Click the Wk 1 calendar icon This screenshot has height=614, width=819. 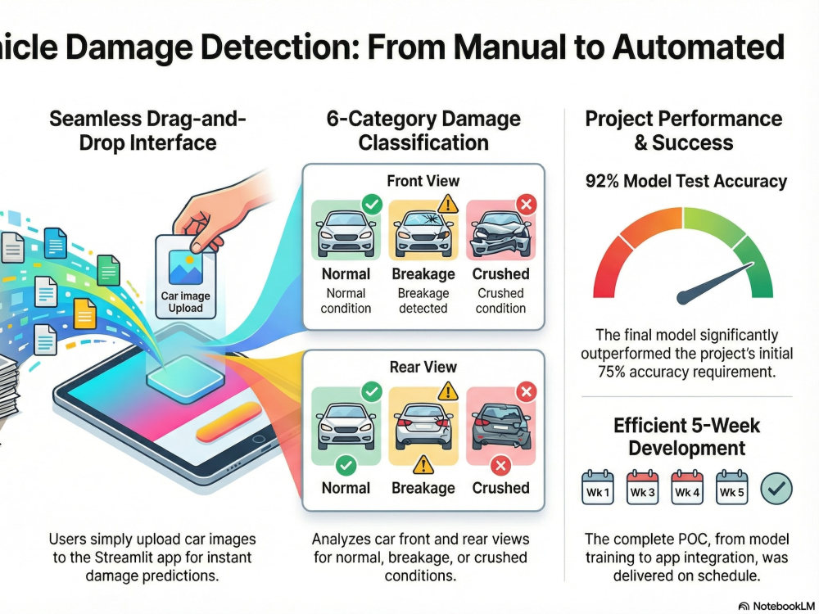[x=598, y=487]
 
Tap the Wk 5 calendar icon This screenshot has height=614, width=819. [x=731, y=487]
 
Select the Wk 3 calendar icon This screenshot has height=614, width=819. [x=642, y=487]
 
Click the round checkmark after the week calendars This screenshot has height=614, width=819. [x=776, y=489]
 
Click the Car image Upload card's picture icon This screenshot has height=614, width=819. [x=185, y=268]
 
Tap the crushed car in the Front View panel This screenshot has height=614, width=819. [x=500, y=234]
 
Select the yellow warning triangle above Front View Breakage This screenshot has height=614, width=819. [x=448, y=204]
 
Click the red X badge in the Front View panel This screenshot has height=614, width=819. [x=526, y=204]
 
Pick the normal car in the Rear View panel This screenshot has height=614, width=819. [x=346, y=426]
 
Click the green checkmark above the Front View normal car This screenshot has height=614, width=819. [x=372, y=204]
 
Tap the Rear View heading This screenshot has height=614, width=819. [x=423, y=367]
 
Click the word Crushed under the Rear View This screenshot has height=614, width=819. [x=500, y=488]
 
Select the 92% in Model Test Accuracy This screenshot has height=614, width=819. [x=602, y=181]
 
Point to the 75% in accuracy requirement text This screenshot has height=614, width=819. [x=612, y=372]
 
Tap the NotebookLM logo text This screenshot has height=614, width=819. [x=783, y=606]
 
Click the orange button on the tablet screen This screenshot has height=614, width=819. [x=229, y=422]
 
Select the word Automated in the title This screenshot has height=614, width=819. [x=699, y=47]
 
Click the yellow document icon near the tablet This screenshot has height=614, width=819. [x=84, y=314]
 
